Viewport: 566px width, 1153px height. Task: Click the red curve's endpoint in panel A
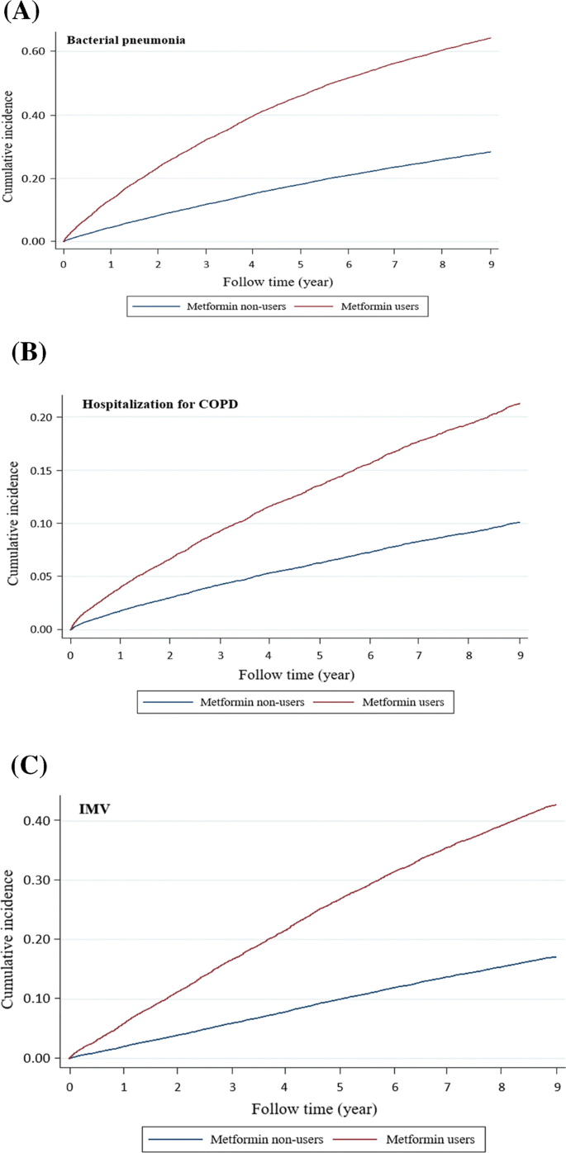coord(491,38)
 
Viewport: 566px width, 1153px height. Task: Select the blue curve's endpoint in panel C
coord(556,957)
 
